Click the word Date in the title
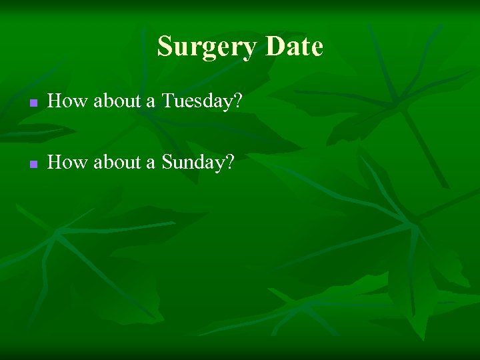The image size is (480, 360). point(293,47)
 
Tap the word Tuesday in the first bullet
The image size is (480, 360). point(201,101)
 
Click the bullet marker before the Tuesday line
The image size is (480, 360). point(31,103)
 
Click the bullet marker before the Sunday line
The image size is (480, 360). point(31,164)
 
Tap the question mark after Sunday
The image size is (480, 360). point(230,162)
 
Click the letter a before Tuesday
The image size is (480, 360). point(151,103)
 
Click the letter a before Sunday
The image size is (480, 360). point(151,163)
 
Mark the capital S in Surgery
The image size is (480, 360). point(165,47)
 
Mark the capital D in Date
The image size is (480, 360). point(274,47)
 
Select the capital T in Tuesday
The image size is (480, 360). point(168,101)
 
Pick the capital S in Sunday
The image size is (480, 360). point(167,162)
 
